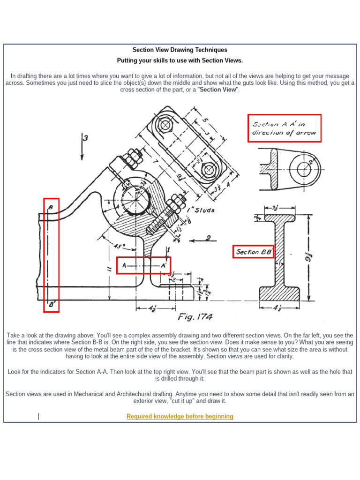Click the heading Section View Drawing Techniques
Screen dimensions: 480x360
(180, 50)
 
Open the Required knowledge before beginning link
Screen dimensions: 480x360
(180, 416)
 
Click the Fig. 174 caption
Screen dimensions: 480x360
(195, 317)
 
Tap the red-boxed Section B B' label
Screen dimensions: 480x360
(254, 252)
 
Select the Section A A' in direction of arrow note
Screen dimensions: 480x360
(284, 128)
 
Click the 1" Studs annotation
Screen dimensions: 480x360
(201, 210)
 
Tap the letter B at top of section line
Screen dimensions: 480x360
(51, 207)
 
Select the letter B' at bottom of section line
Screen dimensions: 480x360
(51, 304)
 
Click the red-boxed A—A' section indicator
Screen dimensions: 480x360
(143, 265)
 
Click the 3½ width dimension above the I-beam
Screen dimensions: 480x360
(279, 206)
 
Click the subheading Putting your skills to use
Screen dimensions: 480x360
(180, 60)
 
